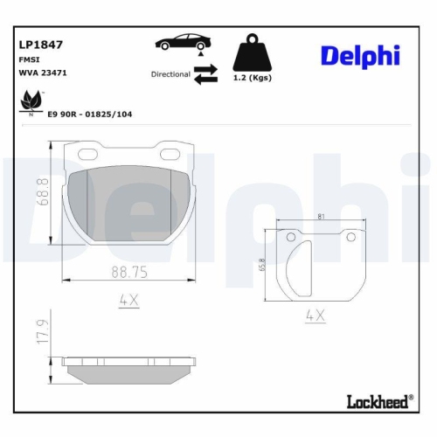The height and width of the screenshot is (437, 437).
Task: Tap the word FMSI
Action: [27, 59]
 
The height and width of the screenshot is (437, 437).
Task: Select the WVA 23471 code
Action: [38, 73]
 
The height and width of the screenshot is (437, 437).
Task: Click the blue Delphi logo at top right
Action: [359, 54]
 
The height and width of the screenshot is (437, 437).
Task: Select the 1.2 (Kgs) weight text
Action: [253, 79]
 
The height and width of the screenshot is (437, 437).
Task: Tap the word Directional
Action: [170, 75]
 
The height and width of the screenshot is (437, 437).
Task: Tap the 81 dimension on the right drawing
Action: [323, 216]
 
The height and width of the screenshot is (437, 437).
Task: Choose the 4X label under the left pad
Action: [128, 302]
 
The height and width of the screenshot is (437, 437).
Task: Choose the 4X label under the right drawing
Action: [316, 317]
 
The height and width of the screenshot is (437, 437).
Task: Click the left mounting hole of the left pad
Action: [88, 156]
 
